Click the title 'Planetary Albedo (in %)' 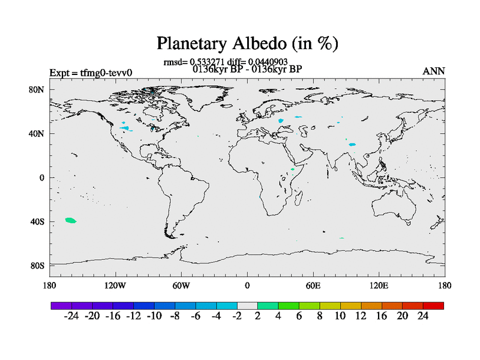[247, 43]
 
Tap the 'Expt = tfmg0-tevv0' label [91, 73]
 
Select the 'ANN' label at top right [433, 71]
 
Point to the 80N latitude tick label [37, 89]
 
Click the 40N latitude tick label [37, 134]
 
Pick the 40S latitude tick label [37, 221]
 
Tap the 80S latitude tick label [37, 266]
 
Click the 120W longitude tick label [115, 286]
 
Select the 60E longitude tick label [313, 286]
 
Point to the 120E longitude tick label [379, 286]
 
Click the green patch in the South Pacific [71, 220]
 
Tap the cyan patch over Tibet [352, 145]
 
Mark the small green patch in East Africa [293, 169]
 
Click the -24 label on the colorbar [71, 316]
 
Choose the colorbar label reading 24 [423, 316]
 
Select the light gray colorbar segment [247, 305]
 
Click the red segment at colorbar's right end [433, 305]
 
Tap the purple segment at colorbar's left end [61, 305]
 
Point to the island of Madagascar [298, 198]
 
